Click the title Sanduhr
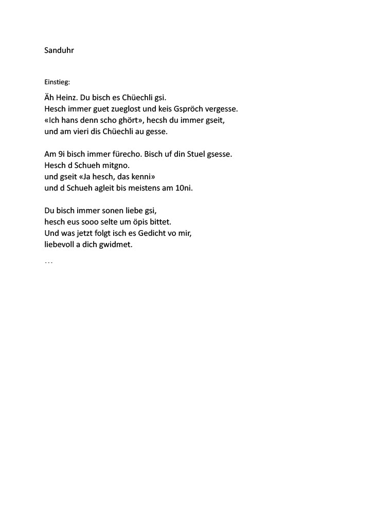(x=59, y=51)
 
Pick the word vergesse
(x=222, y=108)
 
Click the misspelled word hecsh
(x=153, y=120)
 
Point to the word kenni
(x=144, y=176)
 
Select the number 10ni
(x=183, y=187)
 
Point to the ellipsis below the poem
(x=49, y=262)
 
